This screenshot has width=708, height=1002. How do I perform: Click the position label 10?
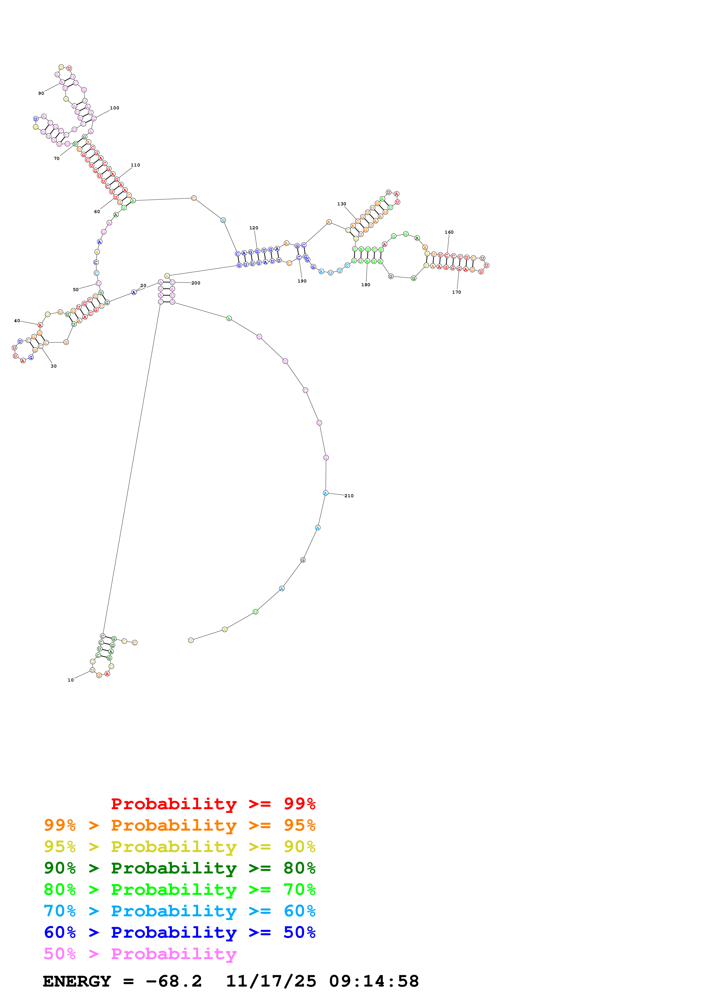71,680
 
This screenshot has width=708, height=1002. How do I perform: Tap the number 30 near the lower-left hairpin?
54,366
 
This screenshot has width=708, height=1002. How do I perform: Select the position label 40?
17,321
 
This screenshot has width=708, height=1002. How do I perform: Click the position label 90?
41,93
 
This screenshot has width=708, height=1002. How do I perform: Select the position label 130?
342,204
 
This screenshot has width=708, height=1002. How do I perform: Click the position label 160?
449,232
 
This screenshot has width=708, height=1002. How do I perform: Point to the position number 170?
457,292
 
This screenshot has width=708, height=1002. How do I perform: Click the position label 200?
196,283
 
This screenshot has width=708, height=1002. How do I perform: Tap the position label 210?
349,496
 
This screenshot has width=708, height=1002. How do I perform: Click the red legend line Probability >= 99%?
213,804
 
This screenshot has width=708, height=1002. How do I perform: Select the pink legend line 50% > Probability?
140,953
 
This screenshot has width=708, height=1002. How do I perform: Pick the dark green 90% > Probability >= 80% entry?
179,868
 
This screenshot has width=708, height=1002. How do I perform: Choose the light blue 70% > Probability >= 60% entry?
179,911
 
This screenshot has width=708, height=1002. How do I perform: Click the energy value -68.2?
174,981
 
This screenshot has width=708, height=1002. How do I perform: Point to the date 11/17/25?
271,981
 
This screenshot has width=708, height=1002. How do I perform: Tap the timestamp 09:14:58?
374,981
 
